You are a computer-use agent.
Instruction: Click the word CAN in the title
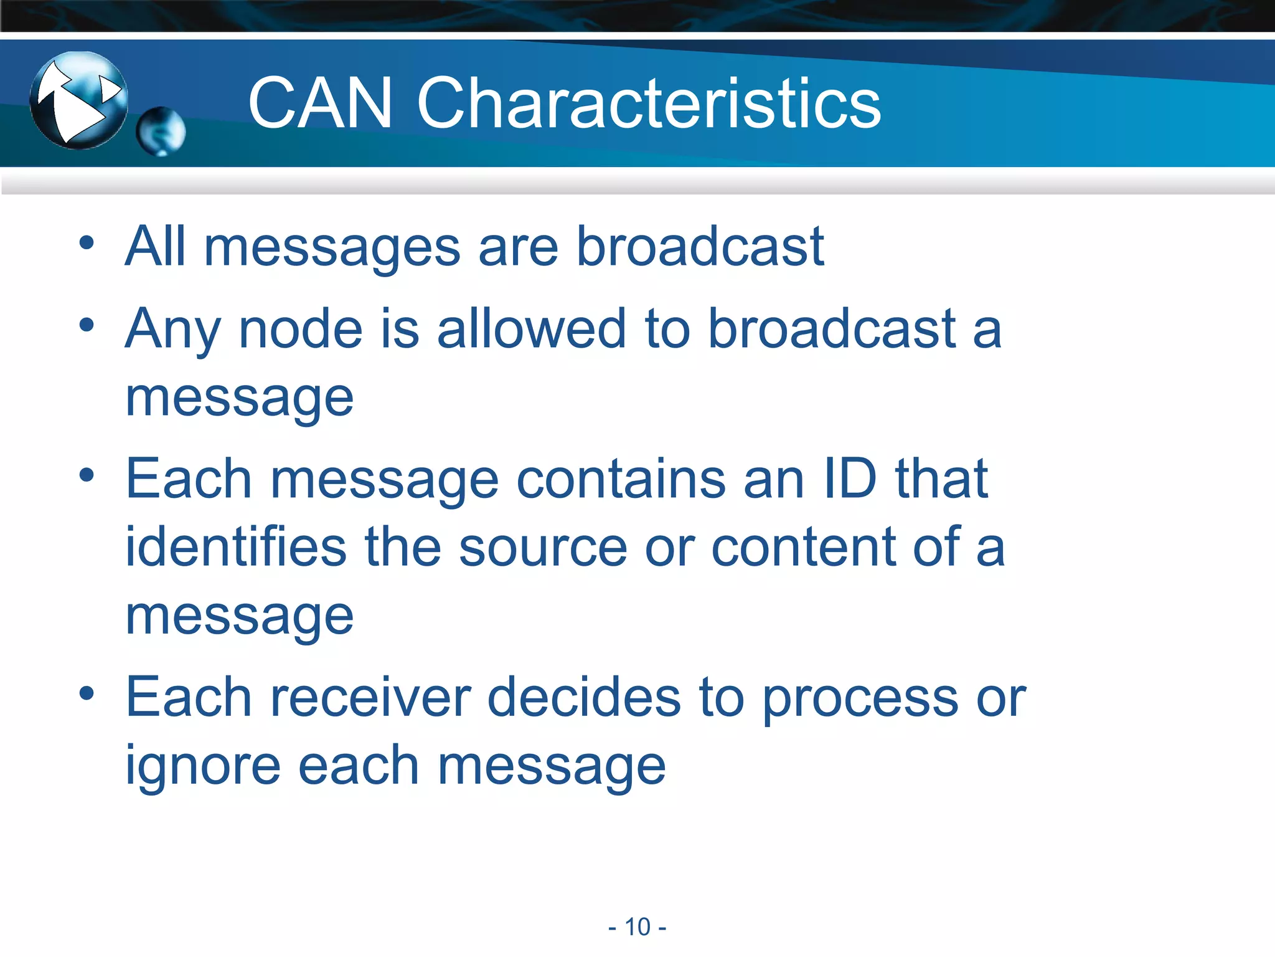click(320, 103)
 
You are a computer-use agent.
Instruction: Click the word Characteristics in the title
click(649, 103)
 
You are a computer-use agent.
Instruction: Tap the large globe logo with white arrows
click(79, 100)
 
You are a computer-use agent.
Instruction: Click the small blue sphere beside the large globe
click(161, 131)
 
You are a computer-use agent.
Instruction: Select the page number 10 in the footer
click(637, 926)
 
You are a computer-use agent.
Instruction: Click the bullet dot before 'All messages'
click(87, 243)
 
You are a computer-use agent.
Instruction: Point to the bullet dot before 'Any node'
click(87, 325)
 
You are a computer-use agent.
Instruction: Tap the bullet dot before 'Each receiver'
click(87, 692)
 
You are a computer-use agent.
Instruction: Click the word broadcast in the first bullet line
click(700, 247)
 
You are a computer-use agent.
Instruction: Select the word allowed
click(531, 328)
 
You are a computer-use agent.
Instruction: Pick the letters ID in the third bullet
click(850, 478)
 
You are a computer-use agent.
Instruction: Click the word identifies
click(236, 546)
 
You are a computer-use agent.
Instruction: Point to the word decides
click(584, 697)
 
